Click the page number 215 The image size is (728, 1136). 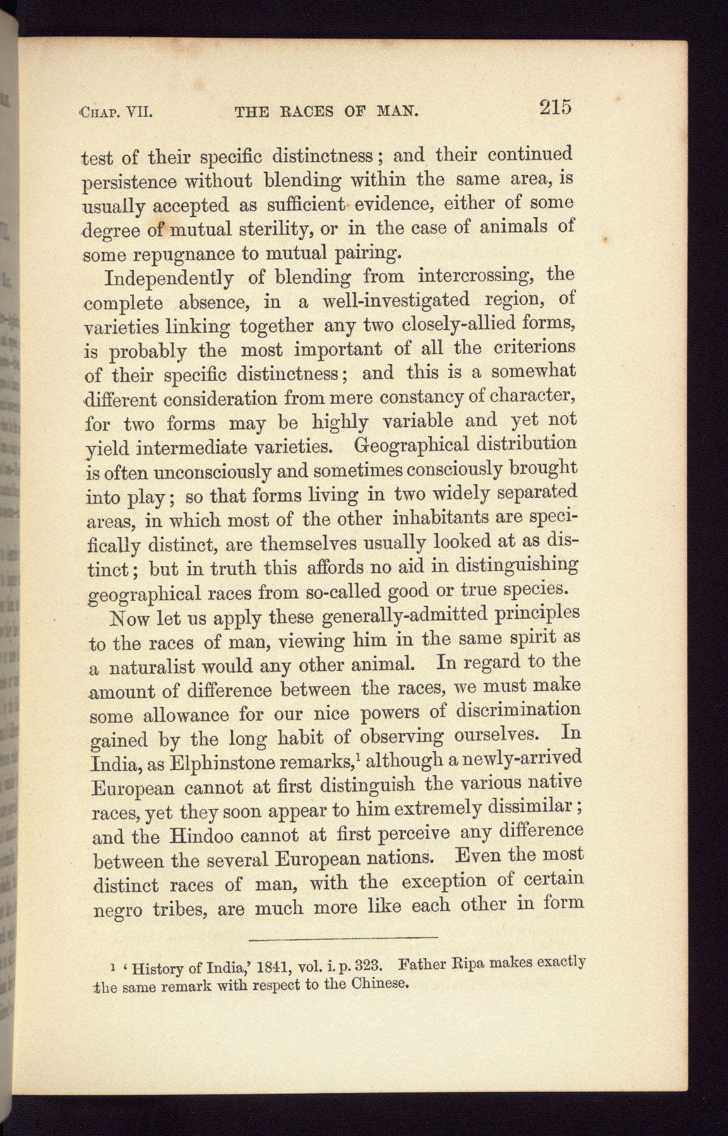[555, 107]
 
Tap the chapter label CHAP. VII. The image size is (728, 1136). [118, 114]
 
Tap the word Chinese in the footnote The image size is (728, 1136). [378, 984]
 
